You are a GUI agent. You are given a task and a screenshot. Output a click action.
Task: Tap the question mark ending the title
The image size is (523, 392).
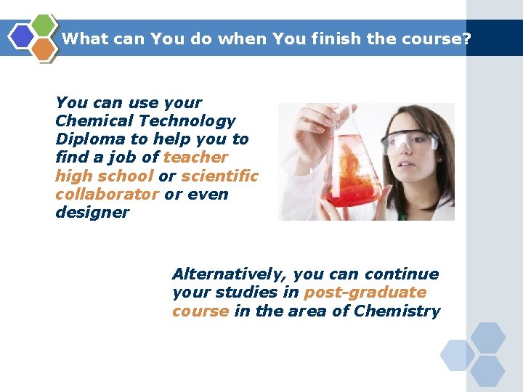pyautogui.click(x=466, y=39)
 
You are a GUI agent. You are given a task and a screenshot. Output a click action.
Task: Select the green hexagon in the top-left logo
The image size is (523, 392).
pyautogui.click(x=44, y=25)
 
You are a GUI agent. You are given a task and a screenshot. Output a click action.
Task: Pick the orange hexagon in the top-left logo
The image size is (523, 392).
pyautogui.click(x=44, y=49)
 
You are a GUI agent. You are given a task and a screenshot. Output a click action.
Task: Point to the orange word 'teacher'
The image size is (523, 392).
pyautogui.click(x=195, y=158)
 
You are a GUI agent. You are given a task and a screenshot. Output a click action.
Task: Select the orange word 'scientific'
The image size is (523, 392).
pyautogui.click(x=219, y=176)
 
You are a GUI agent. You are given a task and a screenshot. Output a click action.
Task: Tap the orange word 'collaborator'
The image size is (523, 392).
pyautogui.click(x=107, y=195)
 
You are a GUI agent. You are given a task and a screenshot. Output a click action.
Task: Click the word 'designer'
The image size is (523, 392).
pyautogui.click(x=92, y=213)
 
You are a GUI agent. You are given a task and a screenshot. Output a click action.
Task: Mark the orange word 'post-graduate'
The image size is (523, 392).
pyautogui.click(x=365, y=293)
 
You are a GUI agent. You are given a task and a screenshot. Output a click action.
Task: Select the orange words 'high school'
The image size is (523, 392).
pyautogui.click(x=104, y=176)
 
